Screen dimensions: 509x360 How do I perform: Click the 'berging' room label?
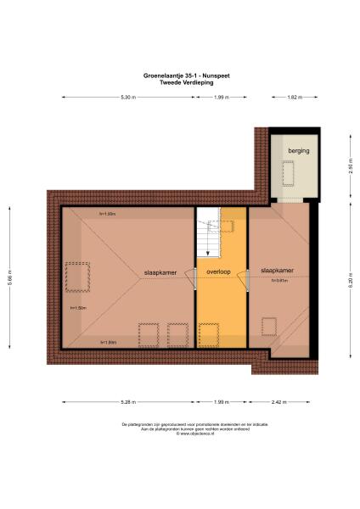pos(298,150)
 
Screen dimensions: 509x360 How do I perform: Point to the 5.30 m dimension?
pos(127,98)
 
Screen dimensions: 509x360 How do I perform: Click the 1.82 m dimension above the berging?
pos(294,98)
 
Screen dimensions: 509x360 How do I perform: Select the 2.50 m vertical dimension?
pos(349,167)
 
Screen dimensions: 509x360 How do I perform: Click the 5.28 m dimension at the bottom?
pos(127,401)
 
